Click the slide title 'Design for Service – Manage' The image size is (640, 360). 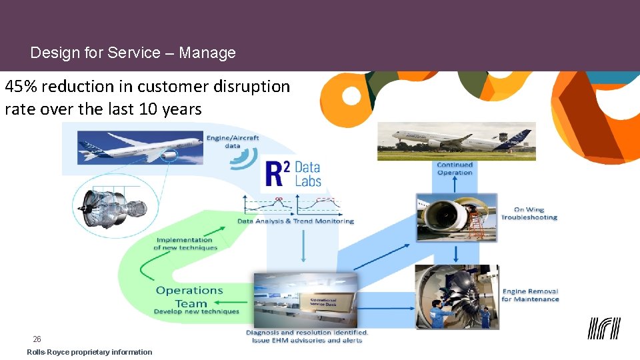click(133, 53)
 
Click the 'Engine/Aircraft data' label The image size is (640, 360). click(233, 142)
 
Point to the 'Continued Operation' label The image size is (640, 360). click(455, 169)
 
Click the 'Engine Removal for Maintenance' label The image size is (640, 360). click(530, 295)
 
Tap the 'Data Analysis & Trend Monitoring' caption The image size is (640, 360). click(295, 221)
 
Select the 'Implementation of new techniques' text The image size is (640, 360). click(185, 244)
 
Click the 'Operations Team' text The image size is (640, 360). click(190, 297)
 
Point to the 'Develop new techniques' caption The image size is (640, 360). click(196, 311)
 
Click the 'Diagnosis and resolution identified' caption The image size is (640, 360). click(307, 332)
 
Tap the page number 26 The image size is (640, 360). click(37, 339)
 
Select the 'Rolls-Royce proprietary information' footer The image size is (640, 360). click(89, 352)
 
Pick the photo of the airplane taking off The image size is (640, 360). click(456, 141)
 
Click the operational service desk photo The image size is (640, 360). click(305, 300)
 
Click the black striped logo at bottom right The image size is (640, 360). click(603, 328)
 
